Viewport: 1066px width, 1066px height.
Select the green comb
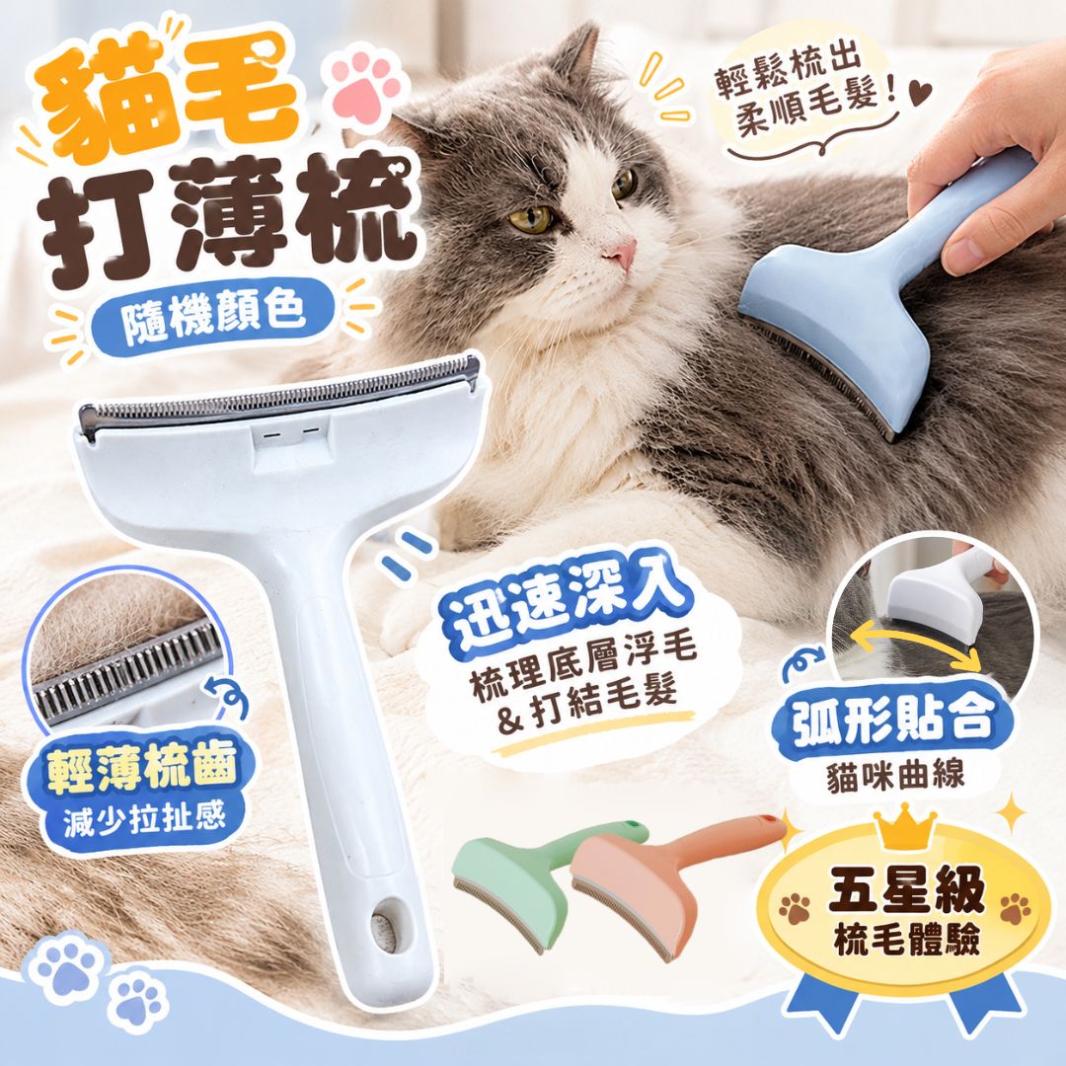tap(537, 877)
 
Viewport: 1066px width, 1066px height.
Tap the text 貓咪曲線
tap(895, 775)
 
